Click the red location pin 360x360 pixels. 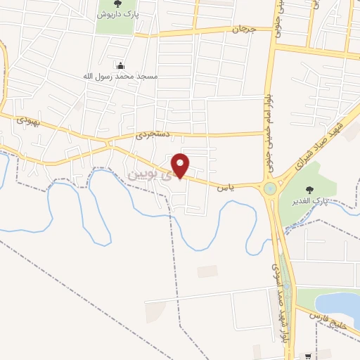(x=181, y=166)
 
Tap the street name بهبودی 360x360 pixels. (x=26, y=122)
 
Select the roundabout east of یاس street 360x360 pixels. (x=270, y=189)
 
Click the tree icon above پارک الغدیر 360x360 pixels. (x=310, y=189)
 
